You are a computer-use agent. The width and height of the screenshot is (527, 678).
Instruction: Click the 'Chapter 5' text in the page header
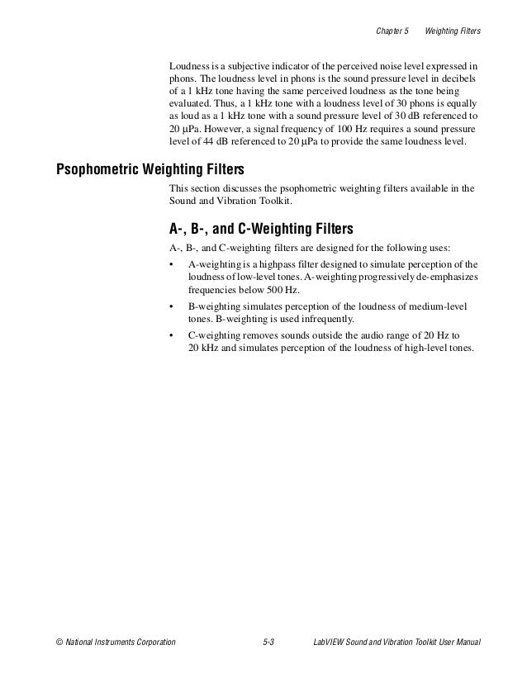tap(392, 31)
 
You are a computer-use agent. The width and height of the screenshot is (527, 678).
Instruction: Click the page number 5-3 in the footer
tap(265, 642)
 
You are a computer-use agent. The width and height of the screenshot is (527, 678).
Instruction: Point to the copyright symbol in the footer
tap(59, 642)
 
